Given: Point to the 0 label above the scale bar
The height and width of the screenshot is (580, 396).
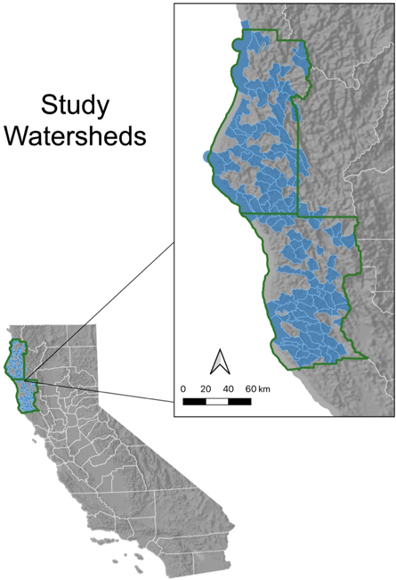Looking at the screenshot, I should coord(182,388).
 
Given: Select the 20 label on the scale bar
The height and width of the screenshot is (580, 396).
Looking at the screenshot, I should coord(206,388).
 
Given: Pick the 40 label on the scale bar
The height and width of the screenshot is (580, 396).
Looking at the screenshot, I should coord(228,388).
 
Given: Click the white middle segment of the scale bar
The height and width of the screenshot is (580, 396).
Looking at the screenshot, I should coord(217,401).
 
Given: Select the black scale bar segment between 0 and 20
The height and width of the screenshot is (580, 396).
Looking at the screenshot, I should coord(194,401).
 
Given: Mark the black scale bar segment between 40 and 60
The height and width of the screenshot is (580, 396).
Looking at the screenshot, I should coord(239,401).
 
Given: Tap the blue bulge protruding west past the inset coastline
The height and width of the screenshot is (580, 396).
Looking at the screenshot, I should coord(207,157).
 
